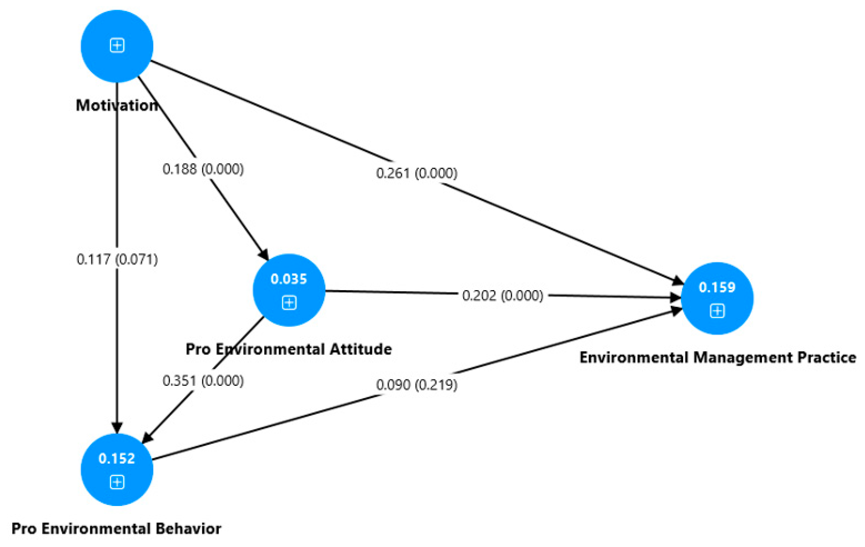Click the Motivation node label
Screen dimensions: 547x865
tap(117, 106)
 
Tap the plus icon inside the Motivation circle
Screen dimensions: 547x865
tap(117, 46)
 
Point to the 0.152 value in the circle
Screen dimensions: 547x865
tap(117, 459)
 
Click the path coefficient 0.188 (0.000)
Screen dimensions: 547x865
tap(203, 169)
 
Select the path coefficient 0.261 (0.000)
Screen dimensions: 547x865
tap(417, 173)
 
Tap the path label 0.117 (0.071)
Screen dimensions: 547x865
tap(117, 259)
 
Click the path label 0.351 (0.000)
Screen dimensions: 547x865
tap(203, 381)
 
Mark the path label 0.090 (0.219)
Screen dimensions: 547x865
tap(417, 385)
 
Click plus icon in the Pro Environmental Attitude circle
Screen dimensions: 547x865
tap(289, 303)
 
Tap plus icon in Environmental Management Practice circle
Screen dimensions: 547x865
tap(717, 311)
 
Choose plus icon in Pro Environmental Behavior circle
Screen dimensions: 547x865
tap(117, 482)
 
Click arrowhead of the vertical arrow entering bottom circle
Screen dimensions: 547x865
tap(117, 428)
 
